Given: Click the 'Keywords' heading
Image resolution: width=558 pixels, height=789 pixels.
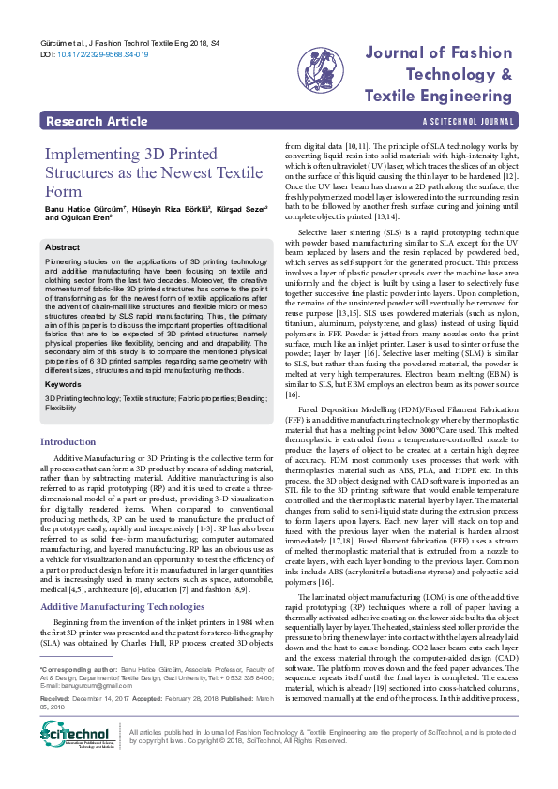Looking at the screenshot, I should click(x=64, y=384).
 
